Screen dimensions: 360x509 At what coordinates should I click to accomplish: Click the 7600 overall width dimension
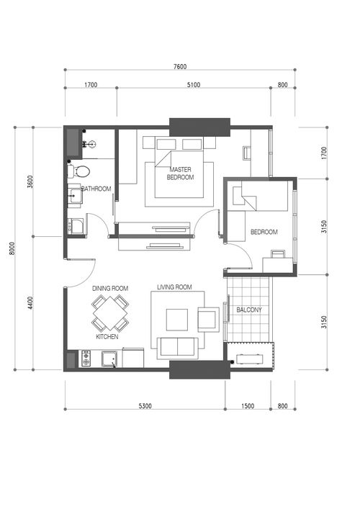[x=180, y=66]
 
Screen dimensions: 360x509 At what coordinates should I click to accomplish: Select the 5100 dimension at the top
[x=194, y=85]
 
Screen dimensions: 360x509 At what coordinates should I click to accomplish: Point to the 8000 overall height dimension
[x=12, y=248]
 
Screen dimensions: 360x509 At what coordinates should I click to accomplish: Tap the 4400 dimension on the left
[x=30, y=302]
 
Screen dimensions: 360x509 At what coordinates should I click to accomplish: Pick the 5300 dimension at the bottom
[x=145, y=406]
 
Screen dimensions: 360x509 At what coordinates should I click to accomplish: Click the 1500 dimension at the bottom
[x=248, y=406]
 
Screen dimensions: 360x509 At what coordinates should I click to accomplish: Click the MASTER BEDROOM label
[x=180, y=174]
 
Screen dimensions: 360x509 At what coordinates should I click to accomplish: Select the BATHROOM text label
[x=96, y=189]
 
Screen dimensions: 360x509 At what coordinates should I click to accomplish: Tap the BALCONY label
[x=249, y=310]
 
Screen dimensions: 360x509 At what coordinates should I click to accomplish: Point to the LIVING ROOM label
[x=174, y=287]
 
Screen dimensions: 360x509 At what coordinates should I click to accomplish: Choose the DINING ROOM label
[x=110, y=288]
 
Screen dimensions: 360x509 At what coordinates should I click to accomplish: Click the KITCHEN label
[x=107, y=337]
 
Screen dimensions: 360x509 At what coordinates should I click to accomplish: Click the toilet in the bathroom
[x=78, y=171]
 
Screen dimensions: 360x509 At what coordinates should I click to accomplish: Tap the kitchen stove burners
[x=86, y=359]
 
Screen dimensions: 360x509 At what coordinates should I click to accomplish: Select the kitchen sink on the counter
[x=109, y=359]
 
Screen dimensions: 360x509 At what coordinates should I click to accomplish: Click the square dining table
[x=110, y=313]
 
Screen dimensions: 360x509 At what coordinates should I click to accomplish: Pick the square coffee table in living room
[x=177, y=320]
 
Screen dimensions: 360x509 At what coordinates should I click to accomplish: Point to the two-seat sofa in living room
[x=178, y=348]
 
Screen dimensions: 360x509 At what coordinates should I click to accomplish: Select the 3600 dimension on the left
[x=30, y=181]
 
